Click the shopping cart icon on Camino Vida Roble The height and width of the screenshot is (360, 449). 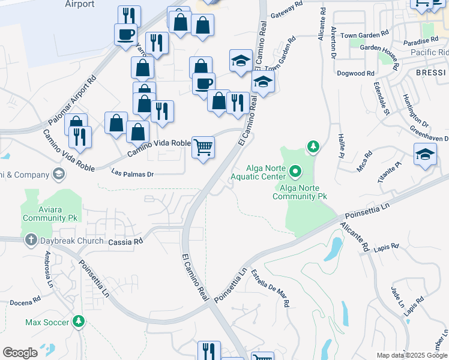203,146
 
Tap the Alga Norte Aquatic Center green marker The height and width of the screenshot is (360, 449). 295,172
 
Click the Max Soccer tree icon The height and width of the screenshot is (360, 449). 78,322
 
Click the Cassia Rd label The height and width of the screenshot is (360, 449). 126,241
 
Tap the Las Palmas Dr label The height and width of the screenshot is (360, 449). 133,174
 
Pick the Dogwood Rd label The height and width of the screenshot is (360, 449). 356,73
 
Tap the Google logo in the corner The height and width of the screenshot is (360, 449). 20,352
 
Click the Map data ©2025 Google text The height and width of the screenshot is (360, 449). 412,355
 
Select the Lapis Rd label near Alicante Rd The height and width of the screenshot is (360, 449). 386,247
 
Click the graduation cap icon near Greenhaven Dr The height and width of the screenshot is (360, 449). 424,154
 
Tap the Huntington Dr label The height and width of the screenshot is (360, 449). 414,110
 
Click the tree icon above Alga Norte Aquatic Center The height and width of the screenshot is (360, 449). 312,146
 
